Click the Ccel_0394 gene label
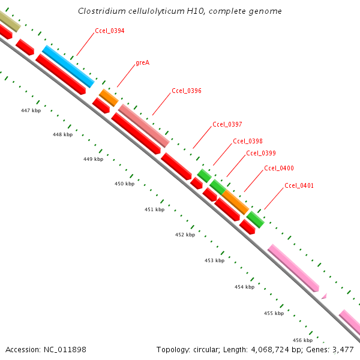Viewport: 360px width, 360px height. pyautogui.click(x=110, y=31)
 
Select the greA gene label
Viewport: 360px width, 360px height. pyautogui.click(x=142, y=62)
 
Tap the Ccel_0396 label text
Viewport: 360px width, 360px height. pyautogui.click(x=187, y=91)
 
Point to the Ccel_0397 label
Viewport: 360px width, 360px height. pyautogui.click(x=227, y=125)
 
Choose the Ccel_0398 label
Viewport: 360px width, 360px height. pyautogui.click(x=248, y=141)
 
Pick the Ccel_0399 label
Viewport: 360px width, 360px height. pyautogui.click(x=261, y=154)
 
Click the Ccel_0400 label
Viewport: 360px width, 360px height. pyautogui.click(x=279, y=169)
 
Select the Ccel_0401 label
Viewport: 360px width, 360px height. pyautogui.click(x=299, y=185)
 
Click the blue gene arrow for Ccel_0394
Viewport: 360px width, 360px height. pyautogui.click(x=68, y=66)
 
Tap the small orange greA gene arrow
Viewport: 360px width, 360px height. pyautogui.click(x=109, y=97)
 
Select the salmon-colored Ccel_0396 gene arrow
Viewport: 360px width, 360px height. pyautogui.click(x=144, y=125)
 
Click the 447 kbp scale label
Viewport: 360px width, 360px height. pyautogui.click(x=31, y=110)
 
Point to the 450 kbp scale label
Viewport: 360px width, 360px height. pyautogui.click(x=125, y=184)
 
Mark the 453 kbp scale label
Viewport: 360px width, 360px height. pyautogui.click(x=214, y=260)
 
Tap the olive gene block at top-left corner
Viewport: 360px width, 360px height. pyautogui.click(x=8, y=21)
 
